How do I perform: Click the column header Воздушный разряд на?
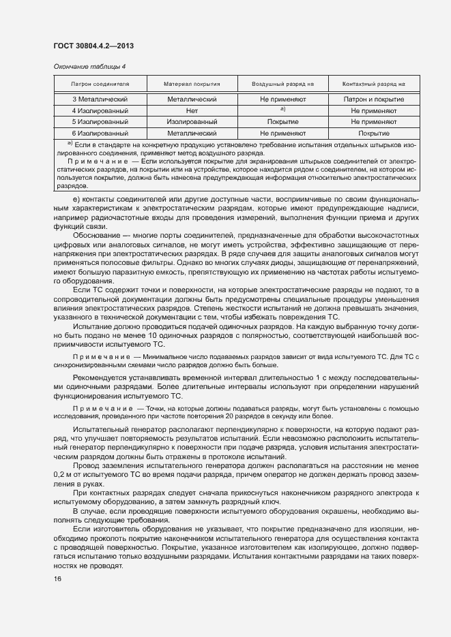click(x=282, y=84)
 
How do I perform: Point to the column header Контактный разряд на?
click(x=373, y=84)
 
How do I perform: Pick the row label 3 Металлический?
click(x=100, y=99)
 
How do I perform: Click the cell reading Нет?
click(x=191, y=110)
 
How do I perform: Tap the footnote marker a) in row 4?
click(x=282, y=109)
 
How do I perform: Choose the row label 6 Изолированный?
click(x=100, y=134)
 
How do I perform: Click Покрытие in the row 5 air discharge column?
click(x=282, y=122)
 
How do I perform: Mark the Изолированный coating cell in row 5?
click(x=191, y=122)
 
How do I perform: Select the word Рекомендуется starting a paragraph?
click(x=100, y=377)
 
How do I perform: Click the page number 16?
click(x=57, y=579)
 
